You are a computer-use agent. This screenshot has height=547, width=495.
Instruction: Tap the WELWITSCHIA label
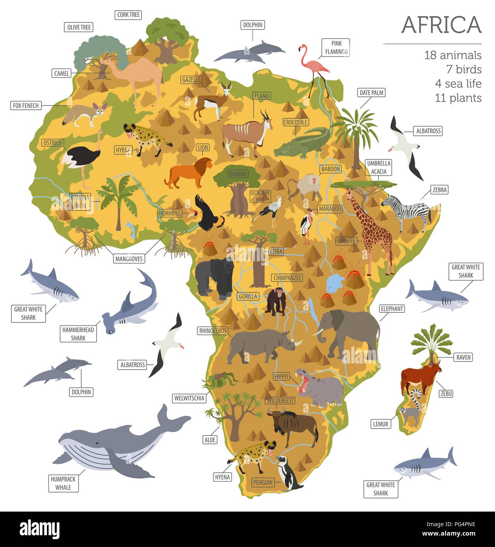(189, 398)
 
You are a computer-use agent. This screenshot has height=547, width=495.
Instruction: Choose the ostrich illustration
(81, 157)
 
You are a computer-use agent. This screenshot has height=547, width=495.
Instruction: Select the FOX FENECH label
(26, 106)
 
